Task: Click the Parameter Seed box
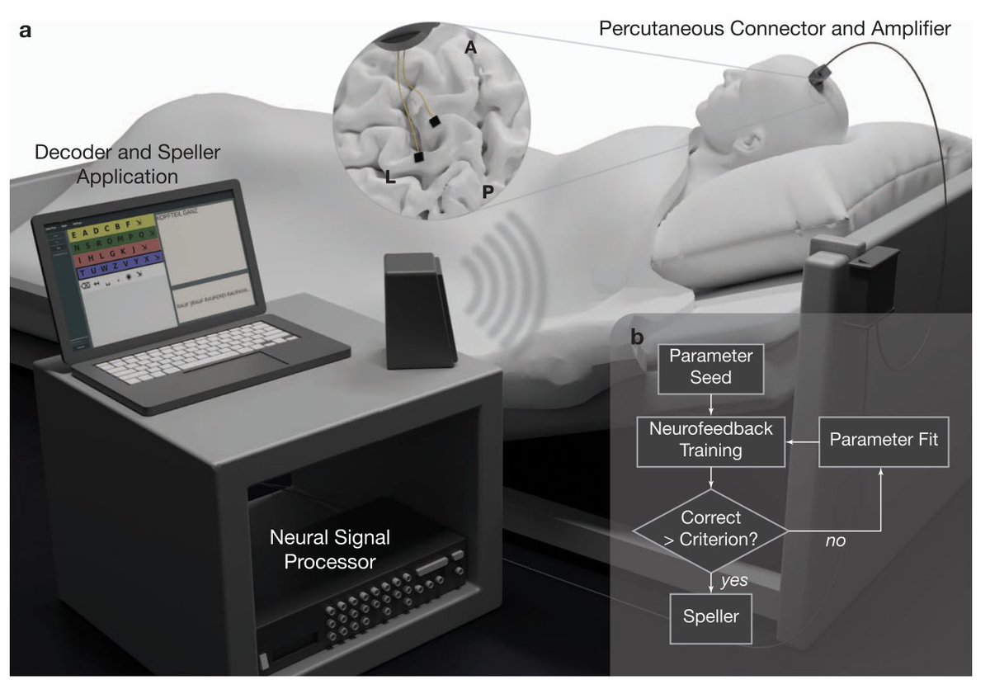pyautogui.click(x=711, y=367)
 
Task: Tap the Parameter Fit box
pyautogui.click(x=884, y=439)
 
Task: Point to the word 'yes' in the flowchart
pyautogui.click(x=733, y=580)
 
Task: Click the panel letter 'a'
pyautogui.click(x=26, y=31)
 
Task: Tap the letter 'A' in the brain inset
pyautogui.click(x=471, y=49)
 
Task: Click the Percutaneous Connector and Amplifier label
pyautogui.click(x=775, y=29)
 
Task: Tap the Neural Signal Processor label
pyautogui.click(x=330, y=550)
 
